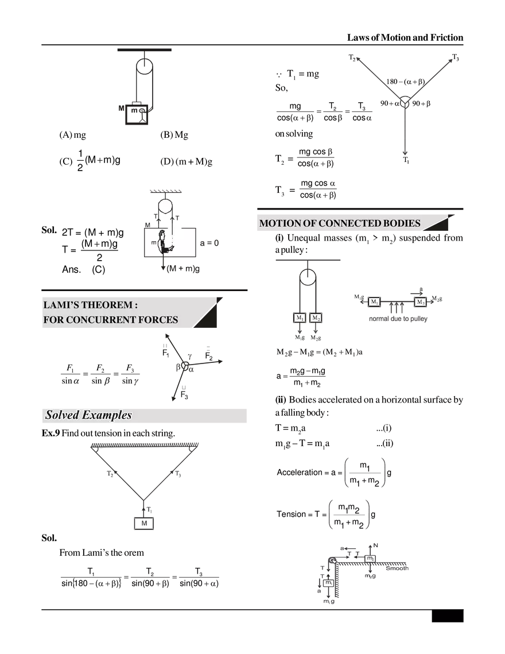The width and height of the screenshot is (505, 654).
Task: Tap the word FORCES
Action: click(158, 320)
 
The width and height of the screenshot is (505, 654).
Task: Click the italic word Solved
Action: click(61, 415)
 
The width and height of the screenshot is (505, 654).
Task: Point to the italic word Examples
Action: click(106, 415)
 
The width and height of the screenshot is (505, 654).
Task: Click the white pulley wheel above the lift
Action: click(165, 206)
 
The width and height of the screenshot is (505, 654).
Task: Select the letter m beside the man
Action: click(153, 243)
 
